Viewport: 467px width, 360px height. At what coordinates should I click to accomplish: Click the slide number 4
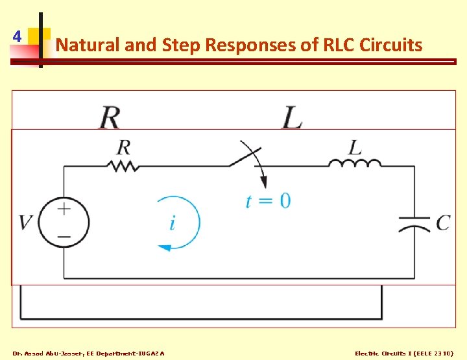pyautogui.click(x=17, y=36)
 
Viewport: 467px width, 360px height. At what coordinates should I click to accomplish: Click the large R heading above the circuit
pyautogui.click(x=110, y=117)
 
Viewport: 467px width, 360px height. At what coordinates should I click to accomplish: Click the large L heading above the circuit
pyautogui.click(x=292, y=117)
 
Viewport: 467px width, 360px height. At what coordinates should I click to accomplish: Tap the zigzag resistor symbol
pyautogui.click(x=124, y=166)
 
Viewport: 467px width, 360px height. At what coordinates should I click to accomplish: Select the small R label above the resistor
pyautogui.click(x=123, y=147)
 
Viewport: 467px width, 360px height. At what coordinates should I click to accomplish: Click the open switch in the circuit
pyautogui.click(x=245, y=157)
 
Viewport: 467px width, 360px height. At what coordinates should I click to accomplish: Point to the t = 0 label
pyautogui.click(x=268, y=200)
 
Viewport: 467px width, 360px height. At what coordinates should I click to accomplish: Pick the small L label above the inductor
pyautogui.click(x=354, y=147)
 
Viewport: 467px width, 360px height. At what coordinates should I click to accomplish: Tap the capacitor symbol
pyautogui.click(x=414, y=224)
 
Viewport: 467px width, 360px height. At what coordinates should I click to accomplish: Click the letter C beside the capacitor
pyautogui.click(x=443, y=223)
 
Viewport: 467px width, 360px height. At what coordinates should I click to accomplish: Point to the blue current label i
pyautogui.click(x=172, y=224)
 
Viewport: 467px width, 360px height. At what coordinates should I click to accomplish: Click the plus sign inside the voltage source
pyautogui.click(x=64, y=209)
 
